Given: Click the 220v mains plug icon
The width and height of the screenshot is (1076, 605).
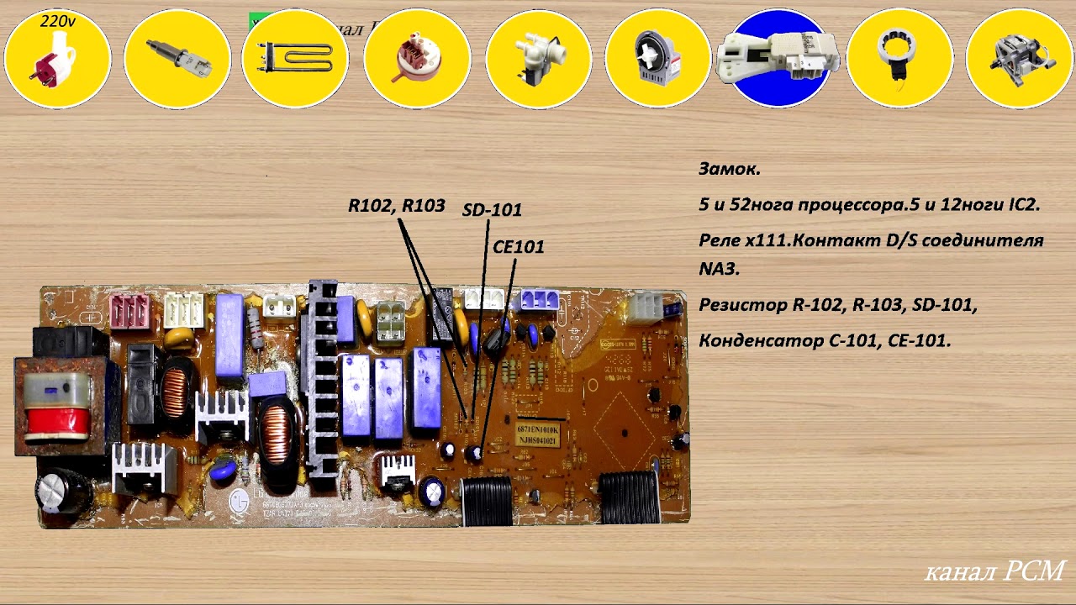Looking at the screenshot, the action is point(57,60).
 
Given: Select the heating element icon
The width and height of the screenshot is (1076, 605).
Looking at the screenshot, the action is point(295,59).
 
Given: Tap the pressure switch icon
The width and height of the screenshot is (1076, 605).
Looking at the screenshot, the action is point(417,59).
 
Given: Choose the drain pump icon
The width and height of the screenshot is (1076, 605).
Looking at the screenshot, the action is point(659,59).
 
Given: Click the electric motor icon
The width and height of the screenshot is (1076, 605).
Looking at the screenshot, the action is point(1020,59).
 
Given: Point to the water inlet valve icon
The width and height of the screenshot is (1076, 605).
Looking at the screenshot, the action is point(538,59).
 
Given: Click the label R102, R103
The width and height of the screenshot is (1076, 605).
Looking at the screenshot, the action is point(397,206).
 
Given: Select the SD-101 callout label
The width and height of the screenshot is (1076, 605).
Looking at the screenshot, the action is point(492,210).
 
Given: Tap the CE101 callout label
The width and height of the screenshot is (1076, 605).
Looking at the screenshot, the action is point(518,247).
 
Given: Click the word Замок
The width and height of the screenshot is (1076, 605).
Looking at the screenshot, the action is point(729,169).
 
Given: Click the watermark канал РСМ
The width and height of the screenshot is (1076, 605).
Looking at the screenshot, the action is point(994,571).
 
